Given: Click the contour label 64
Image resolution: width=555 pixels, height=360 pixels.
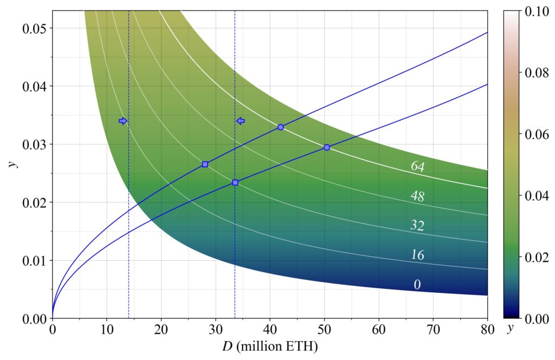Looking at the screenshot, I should pos(417,166).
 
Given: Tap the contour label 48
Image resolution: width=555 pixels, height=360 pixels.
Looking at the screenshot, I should pos(417,196).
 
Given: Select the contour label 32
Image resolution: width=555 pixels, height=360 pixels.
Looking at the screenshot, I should pos(417,226).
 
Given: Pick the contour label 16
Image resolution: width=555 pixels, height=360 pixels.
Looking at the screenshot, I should pos(417,255).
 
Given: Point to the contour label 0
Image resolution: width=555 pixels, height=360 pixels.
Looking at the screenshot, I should pos(417,285).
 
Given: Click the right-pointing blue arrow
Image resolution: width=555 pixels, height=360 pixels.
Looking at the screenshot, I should pos(123,121).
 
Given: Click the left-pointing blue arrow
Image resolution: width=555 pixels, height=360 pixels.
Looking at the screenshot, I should pos(241,121).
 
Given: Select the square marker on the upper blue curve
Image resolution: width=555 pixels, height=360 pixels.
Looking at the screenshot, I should pos(205,164).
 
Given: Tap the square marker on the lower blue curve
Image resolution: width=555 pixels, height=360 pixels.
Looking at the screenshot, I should pos(235,183).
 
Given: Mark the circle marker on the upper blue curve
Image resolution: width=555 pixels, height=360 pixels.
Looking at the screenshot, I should pos(281,127).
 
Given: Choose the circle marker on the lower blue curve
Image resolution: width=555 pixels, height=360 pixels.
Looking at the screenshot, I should pos(327,147).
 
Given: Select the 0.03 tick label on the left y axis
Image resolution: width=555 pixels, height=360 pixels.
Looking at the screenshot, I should pos(34,144).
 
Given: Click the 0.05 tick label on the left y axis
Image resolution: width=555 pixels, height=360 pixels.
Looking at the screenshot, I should pos(34,28).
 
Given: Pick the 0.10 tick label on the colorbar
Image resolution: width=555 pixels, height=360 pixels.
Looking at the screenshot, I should pos(536,11).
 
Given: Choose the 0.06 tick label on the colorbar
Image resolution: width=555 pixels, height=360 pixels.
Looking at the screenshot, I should pos(536,134).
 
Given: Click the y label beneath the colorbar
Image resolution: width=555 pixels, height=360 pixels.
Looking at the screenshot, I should pos(509,329).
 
